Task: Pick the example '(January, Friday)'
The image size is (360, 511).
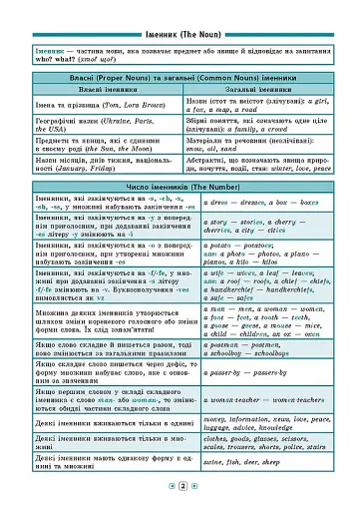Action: tap(71, 170)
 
